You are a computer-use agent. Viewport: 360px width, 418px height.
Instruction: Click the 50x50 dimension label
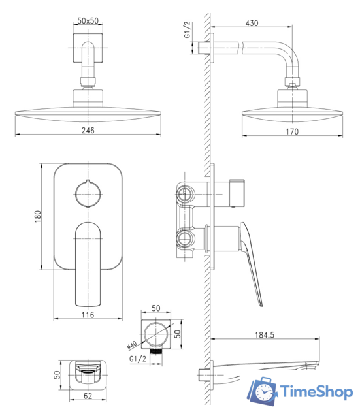pos(88,20)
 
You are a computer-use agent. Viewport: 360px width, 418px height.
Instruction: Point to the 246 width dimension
pos(88,131)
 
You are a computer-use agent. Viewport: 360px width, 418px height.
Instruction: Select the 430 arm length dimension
pos(252,24)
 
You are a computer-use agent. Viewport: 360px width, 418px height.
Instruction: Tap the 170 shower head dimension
pos(292,132)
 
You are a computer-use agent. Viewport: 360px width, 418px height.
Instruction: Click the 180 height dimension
pos(38,216)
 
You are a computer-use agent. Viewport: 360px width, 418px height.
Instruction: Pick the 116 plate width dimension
pos(88,315)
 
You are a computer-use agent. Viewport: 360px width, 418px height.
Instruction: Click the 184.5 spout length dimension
pos(265,335)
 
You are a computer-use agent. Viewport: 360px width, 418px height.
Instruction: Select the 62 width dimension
pos(88,396)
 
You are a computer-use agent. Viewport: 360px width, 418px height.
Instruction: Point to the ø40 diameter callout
pos(132,345)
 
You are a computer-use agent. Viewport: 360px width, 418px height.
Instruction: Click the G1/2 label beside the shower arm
pos(188,29)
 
